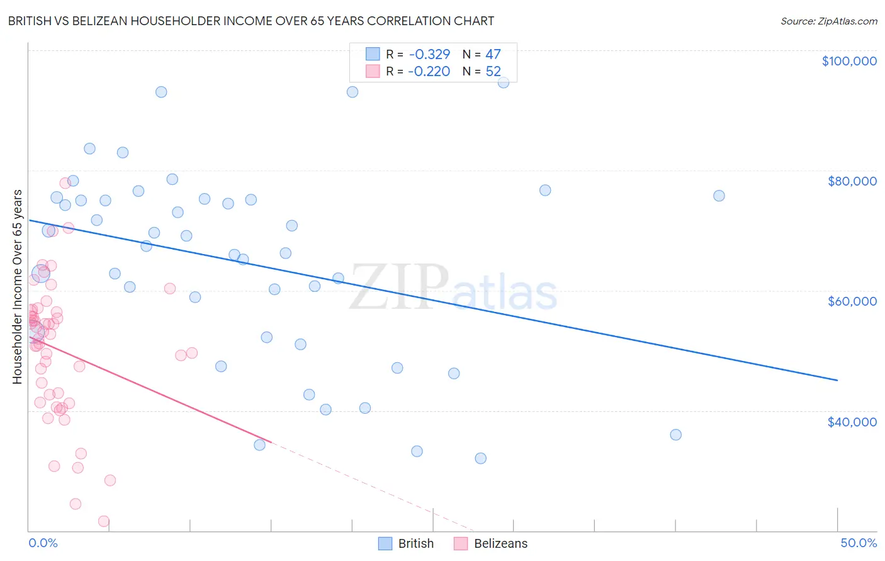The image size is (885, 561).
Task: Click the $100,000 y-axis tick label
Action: pos(849,61)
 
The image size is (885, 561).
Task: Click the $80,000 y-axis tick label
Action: pos(852,181)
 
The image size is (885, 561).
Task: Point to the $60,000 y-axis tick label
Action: pos(852,301)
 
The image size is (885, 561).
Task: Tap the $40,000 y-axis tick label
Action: pos(852,422)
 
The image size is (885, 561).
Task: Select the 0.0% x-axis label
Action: pos(43,543)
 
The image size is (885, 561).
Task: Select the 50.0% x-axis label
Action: pos(859,543)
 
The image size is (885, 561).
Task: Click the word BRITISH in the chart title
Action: pos(30,21)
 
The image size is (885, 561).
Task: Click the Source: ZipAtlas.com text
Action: pos(828,21)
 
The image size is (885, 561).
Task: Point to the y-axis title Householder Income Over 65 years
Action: pos(17,286)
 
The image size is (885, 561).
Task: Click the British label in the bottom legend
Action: pos(415,544)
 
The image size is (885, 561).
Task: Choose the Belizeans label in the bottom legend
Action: pos(500,544)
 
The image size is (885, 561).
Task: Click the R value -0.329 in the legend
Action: pos(429,55)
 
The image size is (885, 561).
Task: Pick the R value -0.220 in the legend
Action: pos(429,72)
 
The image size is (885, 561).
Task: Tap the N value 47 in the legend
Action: pos(493,55)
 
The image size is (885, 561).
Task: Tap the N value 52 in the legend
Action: pos(493,72)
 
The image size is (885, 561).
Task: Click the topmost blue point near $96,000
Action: pos(504,82)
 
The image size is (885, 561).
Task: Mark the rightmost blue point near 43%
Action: pos(719,196)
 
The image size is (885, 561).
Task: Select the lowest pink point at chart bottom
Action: pos(104,521)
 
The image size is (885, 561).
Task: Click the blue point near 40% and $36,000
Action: pos(675,435)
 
